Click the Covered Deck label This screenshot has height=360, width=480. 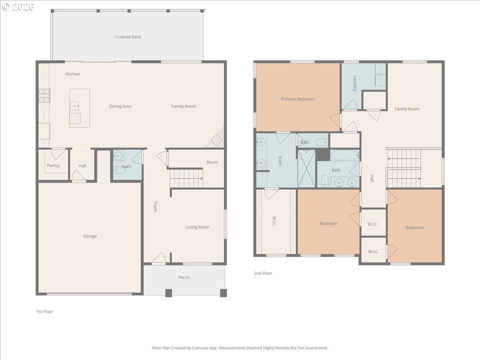coord(128,37)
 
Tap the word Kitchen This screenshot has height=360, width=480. coord(73,74)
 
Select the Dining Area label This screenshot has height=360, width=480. coord(120,106)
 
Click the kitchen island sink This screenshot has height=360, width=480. coord(75,106)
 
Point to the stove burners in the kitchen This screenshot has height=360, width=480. coord(44,96)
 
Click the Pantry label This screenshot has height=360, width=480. coord(53,166)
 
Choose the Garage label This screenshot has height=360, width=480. coord(90,236)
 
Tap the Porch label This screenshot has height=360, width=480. coord(184,277)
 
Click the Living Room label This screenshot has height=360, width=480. coord(198,227)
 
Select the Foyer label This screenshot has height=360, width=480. coord(155,207)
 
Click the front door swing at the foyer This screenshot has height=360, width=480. coord(159,258)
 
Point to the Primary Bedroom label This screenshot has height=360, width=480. coord(298,99)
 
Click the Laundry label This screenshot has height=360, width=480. coord(355,83)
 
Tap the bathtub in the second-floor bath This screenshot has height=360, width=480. coord(345,156)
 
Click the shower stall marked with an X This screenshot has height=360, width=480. coord(306,168)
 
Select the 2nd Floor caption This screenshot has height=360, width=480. coord(263,273)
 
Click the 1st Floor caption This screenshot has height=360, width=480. coord(45,312)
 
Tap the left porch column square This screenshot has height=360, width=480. coord(169,293)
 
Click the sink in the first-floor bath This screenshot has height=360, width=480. coord(118,156)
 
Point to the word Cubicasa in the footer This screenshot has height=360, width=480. coord(200,348)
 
